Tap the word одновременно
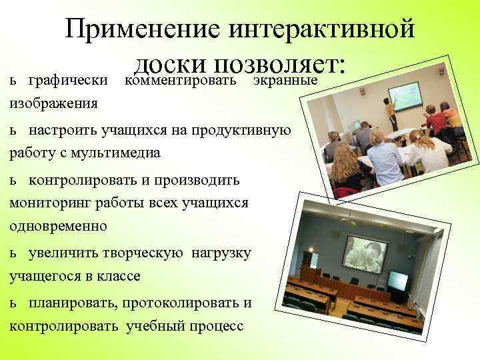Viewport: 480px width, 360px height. [x=58, y=226]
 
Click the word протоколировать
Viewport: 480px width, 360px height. [x=177, y=303]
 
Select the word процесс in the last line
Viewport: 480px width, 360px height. [x=217, y=327]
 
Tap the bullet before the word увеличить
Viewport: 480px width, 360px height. [x=14, y=253]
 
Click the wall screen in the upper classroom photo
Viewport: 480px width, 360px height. [x=405, y=95]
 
